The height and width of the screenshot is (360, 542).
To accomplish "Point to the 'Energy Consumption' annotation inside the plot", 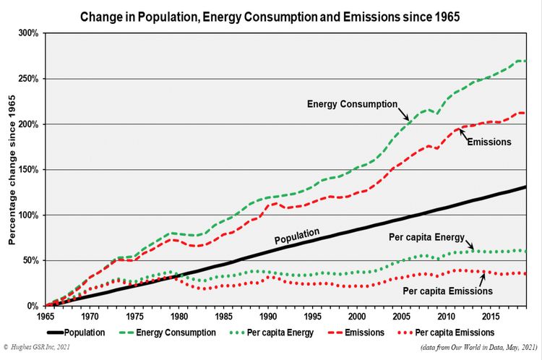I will pyautogui.click(x=352, y=104).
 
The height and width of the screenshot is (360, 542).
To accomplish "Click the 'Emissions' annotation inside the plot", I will pyautogui.click(x=489, y=142).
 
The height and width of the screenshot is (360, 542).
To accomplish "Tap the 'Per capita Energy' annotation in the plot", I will pyautogui.click(x=424, y=239).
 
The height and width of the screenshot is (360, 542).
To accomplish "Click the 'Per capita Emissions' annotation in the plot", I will pyautogui.click(x=447, y=290).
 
